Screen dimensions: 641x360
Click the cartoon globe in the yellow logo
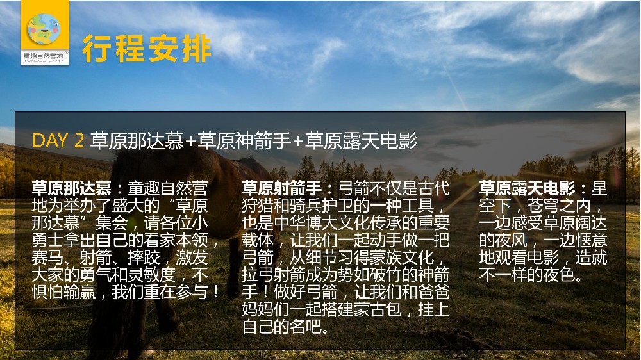[x=44, y=29]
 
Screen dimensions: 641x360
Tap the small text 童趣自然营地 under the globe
[x=44, y=55]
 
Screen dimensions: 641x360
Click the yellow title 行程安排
[x=147, y=49]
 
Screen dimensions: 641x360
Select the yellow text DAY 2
[x=58, y=140]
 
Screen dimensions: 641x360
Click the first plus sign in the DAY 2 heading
[x=191, y=142]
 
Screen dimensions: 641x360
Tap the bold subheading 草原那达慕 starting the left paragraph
[x=72, y=188]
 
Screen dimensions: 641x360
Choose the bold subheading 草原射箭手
[x=281, y=188]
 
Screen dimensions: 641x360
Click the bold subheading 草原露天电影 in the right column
[x=527, y=188]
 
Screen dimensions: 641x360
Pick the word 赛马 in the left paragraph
[x=47, y=258]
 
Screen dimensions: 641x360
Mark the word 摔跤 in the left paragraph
[x=144, y=258]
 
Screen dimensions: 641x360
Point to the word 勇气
[x=96, y=275]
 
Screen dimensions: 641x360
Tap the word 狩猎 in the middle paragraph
[x=258, y=206]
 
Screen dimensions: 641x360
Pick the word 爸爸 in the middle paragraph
[x=434, y=292]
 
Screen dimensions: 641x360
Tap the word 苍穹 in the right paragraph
[x=543, y=206]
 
